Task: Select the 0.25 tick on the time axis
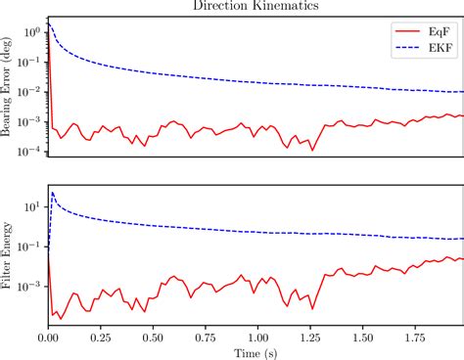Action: tap(101, 336)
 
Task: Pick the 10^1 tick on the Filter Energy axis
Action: tap(31, 206)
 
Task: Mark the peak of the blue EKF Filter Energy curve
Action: tap(53, 192)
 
